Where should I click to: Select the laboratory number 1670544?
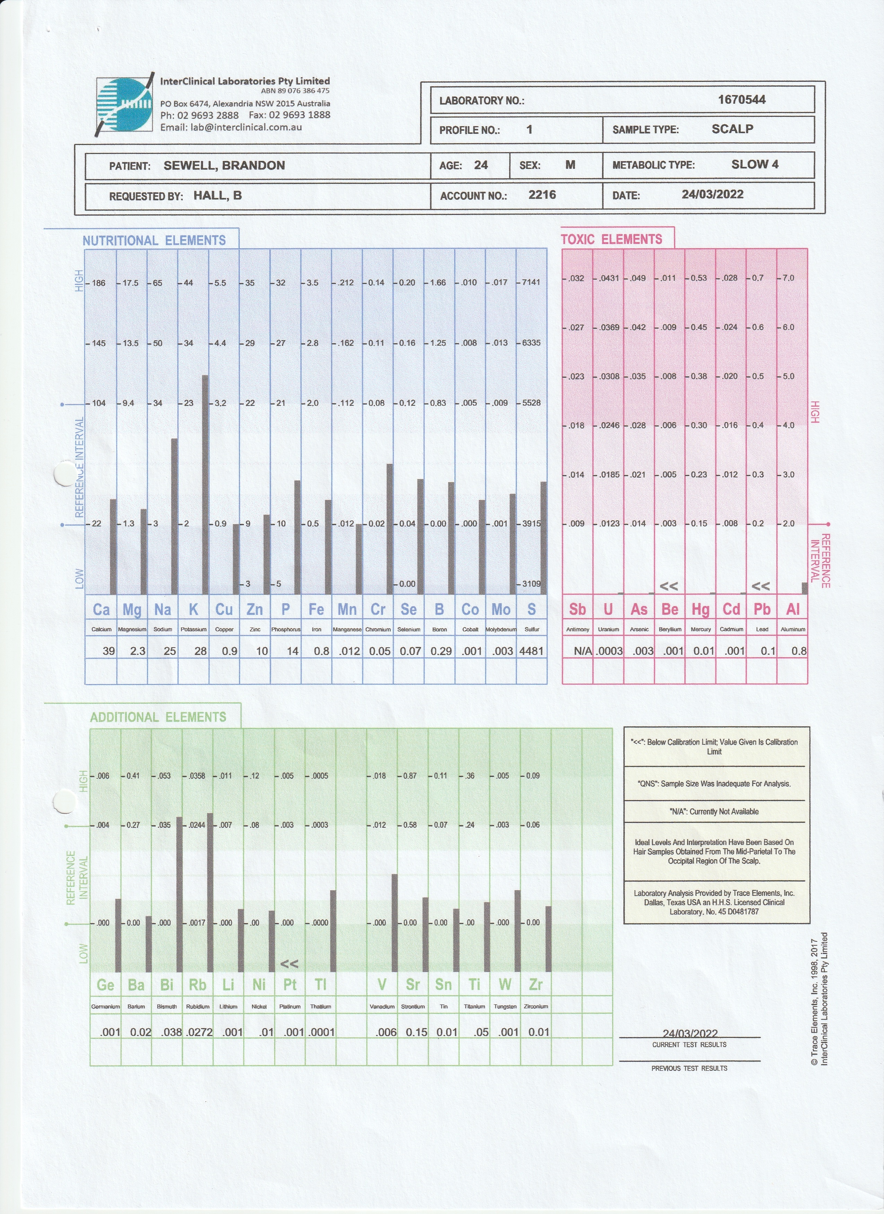(x=741, y=99)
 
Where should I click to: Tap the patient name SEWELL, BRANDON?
(x=224, y=165)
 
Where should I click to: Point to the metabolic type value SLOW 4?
(x=754, y=164)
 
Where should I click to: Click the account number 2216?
(x=542, y=194)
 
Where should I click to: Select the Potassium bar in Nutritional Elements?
(x=205, y=484)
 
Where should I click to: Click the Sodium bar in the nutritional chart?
(x=175, y=516)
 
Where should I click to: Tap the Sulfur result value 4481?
(x=531, y=651)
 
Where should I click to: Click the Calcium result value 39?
(x=109, y=651)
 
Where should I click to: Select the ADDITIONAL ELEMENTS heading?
(x=158, y=717)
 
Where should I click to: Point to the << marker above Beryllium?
(x=669, y=586)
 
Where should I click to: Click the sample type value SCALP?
(x=732, y=129)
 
